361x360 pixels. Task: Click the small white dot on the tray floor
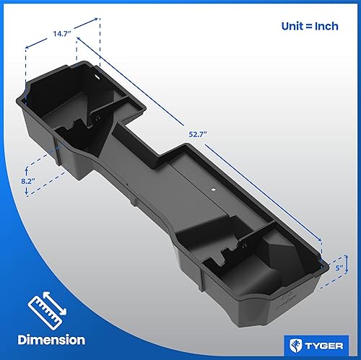coord(214,190)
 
